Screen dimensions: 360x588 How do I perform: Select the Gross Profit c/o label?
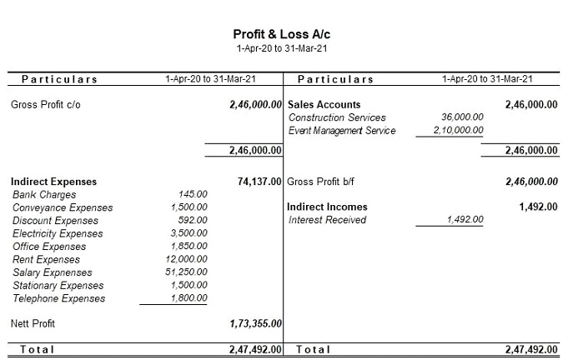point(46,105)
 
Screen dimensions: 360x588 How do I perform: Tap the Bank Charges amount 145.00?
point(193,194)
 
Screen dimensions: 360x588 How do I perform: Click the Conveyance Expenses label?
point(63,207)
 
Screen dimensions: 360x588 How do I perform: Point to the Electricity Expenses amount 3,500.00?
point(188,233)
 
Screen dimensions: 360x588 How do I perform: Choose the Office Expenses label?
point(49,247)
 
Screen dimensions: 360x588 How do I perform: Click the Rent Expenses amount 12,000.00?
point(187,259)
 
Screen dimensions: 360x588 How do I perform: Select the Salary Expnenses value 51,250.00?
point(187,272)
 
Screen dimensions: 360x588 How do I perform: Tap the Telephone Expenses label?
point(58,298)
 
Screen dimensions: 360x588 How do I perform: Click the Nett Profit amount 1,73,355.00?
point(255,323)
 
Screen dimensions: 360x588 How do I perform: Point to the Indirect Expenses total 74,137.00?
point(259,181)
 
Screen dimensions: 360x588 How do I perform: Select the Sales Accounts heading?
point(324,105)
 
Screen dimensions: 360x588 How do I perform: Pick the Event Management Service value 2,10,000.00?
point(458,131)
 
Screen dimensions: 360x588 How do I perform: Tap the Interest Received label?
point(327,220)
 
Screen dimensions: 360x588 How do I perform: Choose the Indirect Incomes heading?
point(327,207)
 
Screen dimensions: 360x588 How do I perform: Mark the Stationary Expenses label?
point(58,285)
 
